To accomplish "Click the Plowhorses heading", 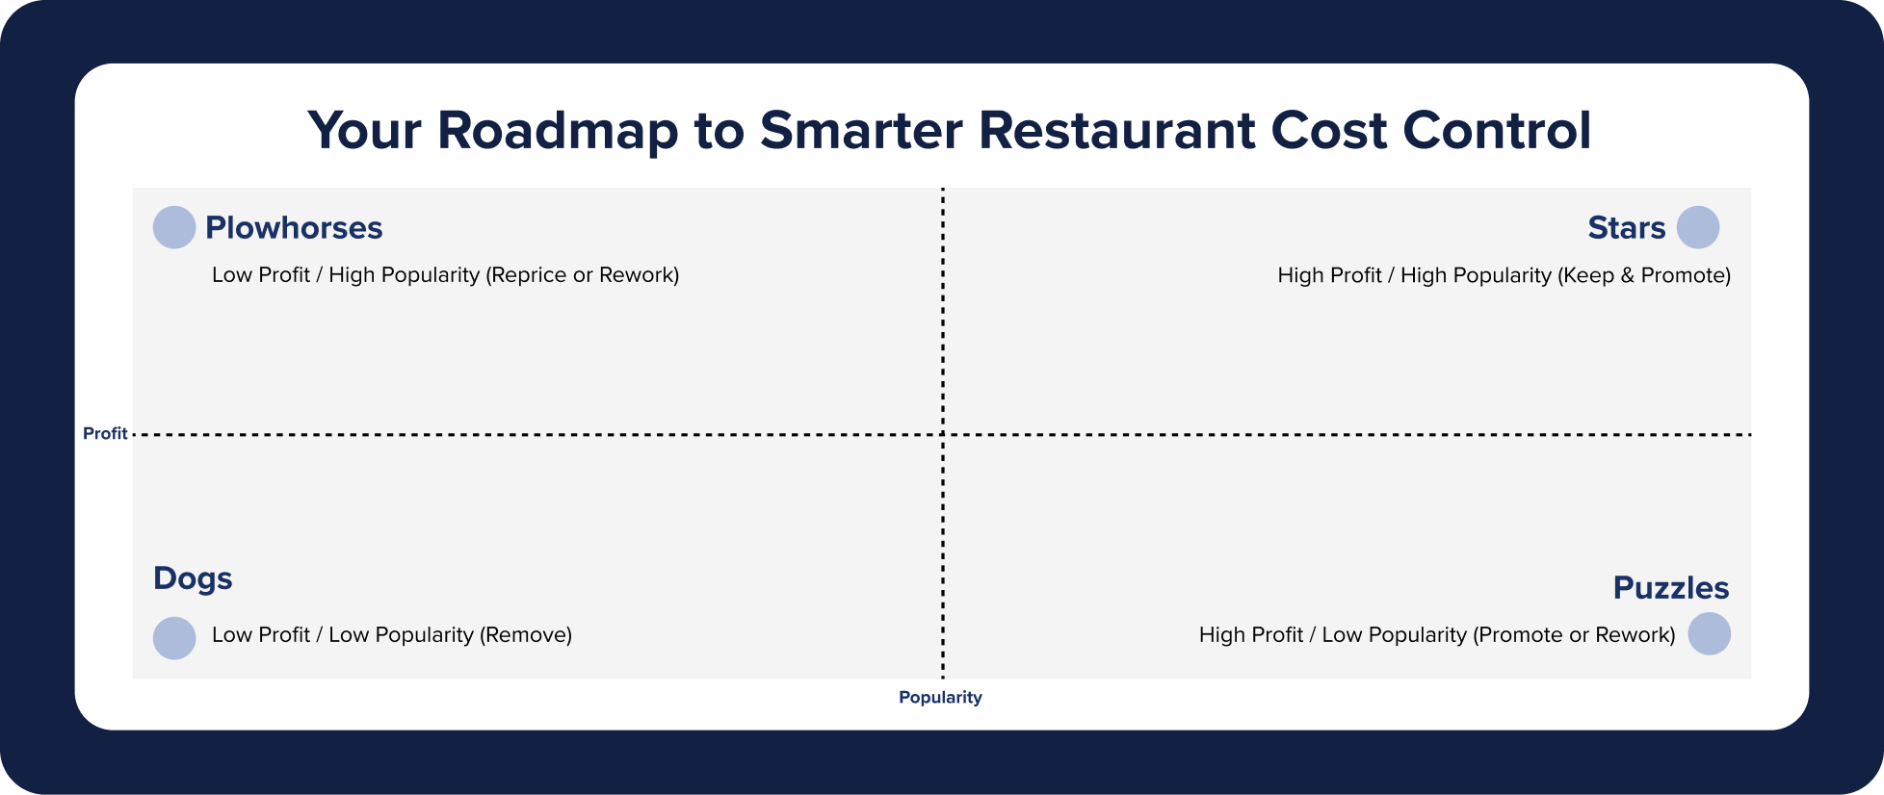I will tap(294, 228).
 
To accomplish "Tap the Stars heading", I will tap(1626, 228).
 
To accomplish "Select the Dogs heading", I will tap(193, 578).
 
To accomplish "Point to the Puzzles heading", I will tap(1670, 588).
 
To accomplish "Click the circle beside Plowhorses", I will tap(174, 228).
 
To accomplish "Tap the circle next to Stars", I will tap(1697, 228).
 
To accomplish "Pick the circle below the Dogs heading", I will tap(174, 638).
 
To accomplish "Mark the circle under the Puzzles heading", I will tap(1709, 634).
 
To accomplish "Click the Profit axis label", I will tap(105, 434).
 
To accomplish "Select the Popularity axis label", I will tap(940, 697).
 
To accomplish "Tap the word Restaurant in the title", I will tap(1116, 131).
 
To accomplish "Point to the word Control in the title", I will tap(1496, 131).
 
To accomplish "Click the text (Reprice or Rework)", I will tap(583, 275).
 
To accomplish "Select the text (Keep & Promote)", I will tap(1643, 275).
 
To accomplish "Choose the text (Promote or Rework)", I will tap(1574, 635).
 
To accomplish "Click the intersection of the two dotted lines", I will tap(943, 435).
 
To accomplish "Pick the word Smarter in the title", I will tap(861, 131).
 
